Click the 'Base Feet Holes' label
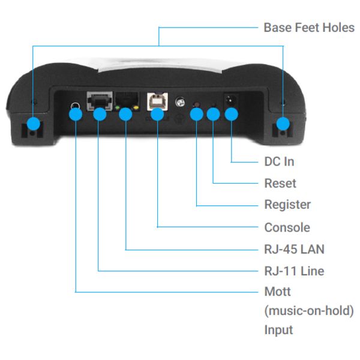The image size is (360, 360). point(309,28)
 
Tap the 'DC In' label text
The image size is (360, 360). point(279,161)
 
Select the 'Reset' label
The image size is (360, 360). point(280,183)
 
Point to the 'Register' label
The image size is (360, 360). point(287,205)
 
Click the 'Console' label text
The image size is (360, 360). point(287,227)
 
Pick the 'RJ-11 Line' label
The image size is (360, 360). point(294,271)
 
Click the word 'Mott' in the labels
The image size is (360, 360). point(277,292)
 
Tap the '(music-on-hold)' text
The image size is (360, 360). point(309,311)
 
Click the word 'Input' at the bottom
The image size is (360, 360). point(278,330)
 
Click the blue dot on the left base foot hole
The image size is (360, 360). point(33,125)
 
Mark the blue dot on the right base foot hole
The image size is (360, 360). point(283,125)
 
